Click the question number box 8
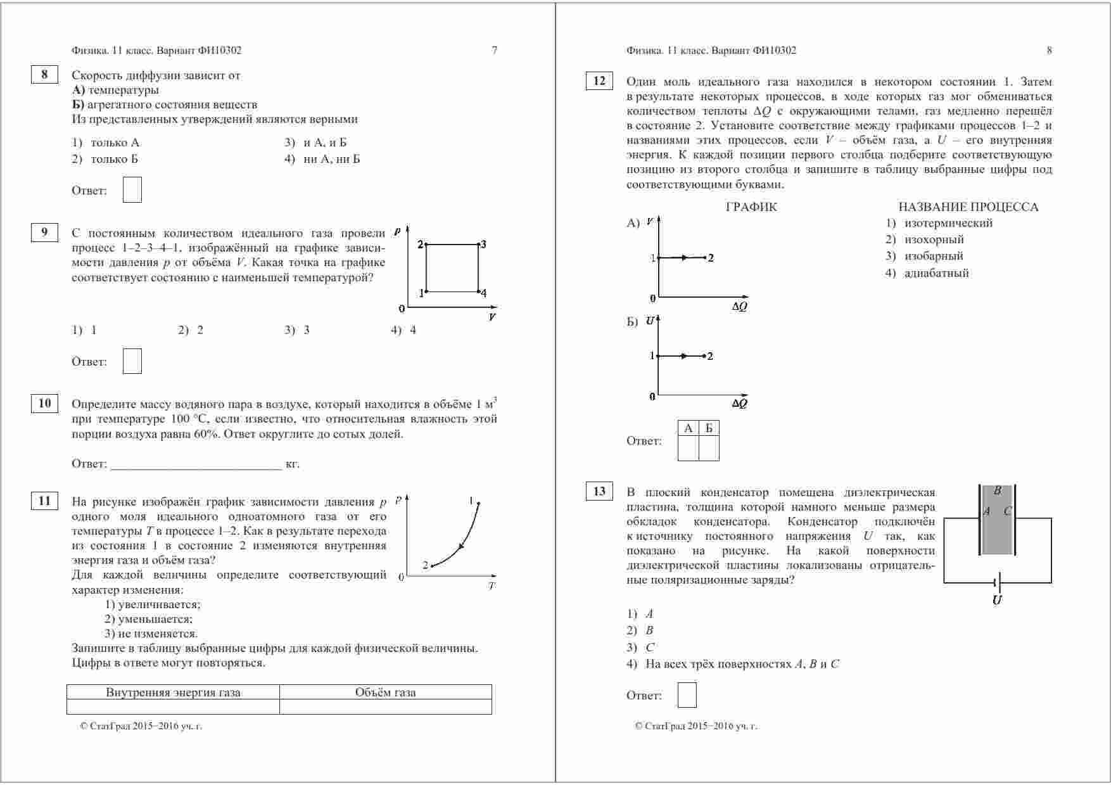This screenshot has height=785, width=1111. pos(44,75)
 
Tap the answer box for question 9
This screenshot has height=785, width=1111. pos(132,361)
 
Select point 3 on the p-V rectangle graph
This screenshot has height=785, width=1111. pos(478,245)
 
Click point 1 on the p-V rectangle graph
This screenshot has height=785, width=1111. pos(426,291)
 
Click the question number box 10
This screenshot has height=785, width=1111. pos(44,404)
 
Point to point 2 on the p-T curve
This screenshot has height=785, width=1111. pos(431,566)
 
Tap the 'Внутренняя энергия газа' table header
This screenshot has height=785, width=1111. pos(173,692)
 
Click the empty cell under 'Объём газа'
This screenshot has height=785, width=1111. pos(385,706)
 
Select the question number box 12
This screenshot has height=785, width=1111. pos(599,80)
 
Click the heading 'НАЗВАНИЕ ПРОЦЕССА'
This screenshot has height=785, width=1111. pos(968,207)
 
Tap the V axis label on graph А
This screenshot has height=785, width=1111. pos(651,222)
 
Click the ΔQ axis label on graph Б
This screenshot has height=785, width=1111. pos(739,404)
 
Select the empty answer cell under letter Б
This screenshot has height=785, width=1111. pos(709,448)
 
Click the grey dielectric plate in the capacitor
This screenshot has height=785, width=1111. pos(997,520)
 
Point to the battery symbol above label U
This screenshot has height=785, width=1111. pos(997,582)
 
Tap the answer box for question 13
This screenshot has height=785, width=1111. pos(687,695)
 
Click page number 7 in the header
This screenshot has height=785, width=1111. pos(495,51)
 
